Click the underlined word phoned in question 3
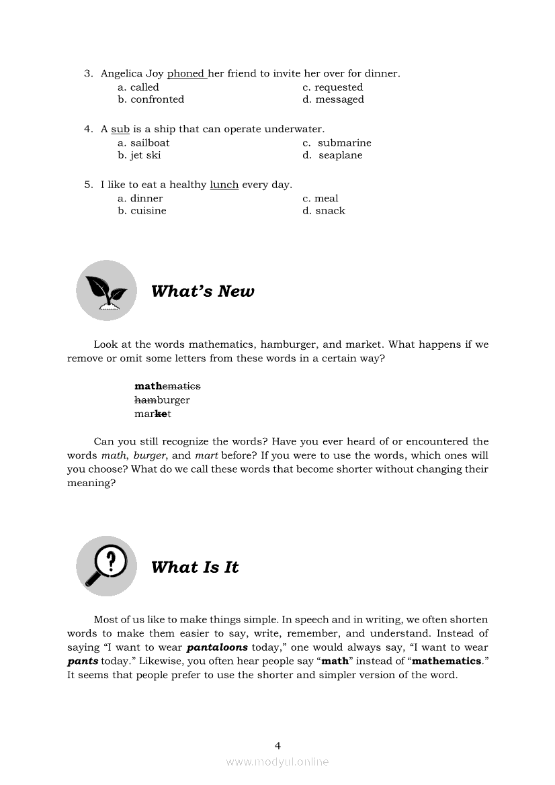[186, 74]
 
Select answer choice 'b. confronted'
[151, 99]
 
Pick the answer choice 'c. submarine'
[337, 143]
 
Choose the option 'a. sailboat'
[143, 143]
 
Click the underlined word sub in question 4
[120, 129]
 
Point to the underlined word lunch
[224, 185]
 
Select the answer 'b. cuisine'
[142, 211]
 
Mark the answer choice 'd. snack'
[323, 211]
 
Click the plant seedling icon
[106, 291]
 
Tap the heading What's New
[203, 291]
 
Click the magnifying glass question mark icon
[106, 566]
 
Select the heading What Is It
[195, 567]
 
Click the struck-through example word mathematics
[167, 386]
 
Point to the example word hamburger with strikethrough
[162, 400]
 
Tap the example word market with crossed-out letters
[153, 414]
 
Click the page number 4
[277, 745]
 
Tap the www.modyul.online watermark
[277, 762]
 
